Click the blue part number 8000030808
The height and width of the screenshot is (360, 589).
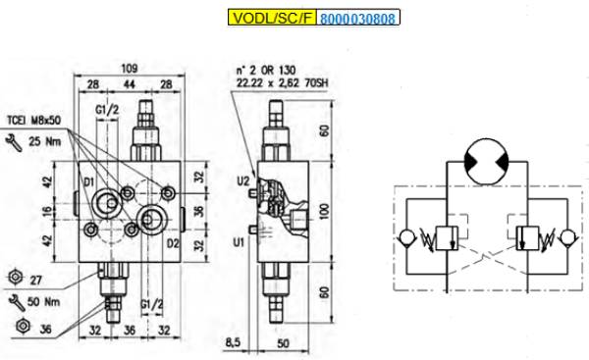click(x=358, y=19)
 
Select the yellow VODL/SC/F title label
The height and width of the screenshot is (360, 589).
click(x=272, y=18)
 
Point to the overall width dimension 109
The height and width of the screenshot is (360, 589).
click(x=130, y=69)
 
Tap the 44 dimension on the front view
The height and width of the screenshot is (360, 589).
click(x=130, y=84)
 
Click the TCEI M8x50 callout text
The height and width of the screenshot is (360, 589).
click(x=34, y=121)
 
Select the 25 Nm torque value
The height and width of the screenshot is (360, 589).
click(x=45, y=141)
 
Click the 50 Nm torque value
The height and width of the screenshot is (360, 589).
click(x=43, y=302)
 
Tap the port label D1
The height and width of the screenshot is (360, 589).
click(x=88, y=182)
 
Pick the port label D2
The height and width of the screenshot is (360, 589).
click(x=173, y=243)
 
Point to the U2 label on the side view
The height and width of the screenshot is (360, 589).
click(x=243, y=181)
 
